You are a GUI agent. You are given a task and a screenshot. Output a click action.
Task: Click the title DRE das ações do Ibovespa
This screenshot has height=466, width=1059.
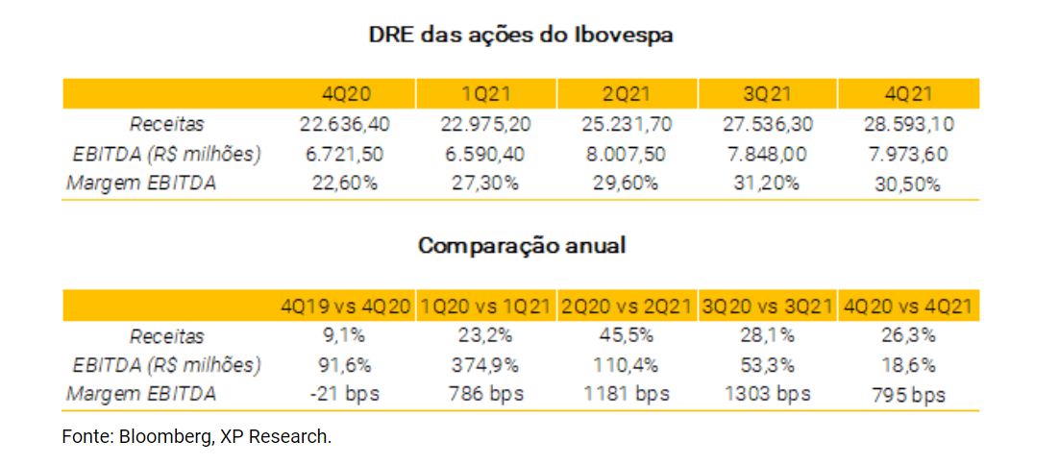tap(521, 36)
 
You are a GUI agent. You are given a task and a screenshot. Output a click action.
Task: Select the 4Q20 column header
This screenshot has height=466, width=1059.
tap(346, 94)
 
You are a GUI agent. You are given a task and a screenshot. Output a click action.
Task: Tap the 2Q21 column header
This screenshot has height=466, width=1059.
tap(627, 94)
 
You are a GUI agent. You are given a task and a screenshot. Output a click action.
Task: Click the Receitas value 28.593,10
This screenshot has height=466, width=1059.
tap(907, 124)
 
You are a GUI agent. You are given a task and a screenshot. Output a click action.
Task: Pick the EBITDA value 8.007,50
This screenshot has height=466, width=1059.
tap(627, 154)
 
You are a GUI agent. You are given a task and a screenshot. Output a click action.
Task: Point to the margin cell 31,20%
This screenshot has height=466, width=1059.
tap(767, 183)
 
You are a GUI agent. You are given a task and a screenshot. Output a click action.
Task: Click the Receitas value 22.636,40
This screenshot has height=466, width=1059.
tap(346, 124)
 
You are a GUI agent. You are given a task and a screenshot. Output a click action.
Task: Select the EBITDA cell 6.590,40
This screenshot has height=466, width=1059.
tap(486, 154)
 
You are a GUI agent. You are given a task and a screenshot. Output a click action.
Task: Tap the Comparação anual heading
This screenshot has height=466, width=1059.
tap(521, 245)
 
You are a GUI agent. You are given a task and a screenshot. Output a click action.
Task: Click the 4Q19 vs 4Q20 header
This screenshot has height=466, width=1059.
tap(346, 307)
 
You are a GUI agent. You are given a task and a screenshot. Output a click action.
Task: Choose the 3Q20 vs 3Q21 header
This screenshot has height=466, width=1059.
tap(767, 307)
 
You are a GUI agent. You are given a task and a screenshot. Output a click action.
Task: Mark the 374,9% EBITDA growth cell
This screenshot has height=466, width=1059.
tap(486, 365)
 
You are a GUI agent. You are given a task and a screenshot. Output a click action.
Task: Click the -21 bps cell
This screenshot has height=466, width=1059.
tap(346, 394)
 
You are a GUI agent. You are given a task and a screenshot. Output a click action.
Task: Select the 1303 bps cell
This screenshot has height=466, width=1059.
tap(767, 394)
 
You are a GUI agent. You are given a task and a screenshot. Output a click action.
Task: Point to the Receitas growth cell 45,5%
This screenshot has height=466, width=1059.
tap(627, 336)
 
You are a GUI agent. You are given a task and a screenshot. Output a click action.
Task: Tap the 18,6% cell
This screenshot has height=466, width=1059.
tap(907, 365)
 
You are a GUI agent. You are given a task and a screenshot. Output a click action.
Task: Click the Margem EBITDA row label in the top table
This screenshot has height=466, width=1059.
tap(141, 183)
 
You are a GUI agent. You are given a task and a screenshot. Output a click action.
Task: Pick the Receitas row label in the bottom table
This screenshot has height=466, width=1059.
tap(167, 336)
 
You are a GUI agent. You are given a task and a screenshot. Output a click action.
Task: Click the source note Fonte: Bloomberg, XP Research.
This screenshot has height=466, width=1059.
tap(197, 436)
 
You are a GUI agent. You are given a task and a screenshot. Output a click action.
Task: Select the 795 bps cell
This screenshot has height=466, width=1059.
tap(907, 395)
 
